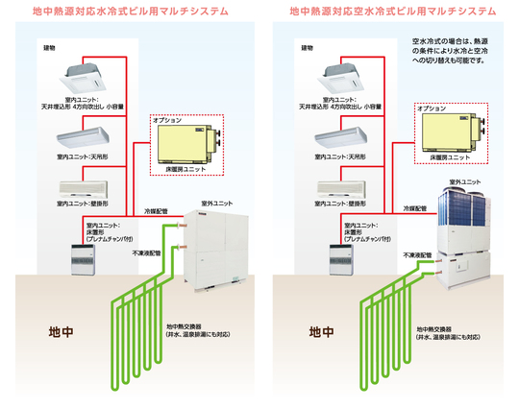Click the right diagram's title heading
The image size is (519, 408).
click(392, 13)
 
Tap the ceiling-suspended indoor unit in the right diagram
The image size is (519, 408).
click(349, 137)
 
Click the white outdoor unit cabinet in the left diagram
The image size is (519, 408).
click(217, 248)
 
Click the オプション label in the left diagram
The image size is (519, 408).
click(170, 122)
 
